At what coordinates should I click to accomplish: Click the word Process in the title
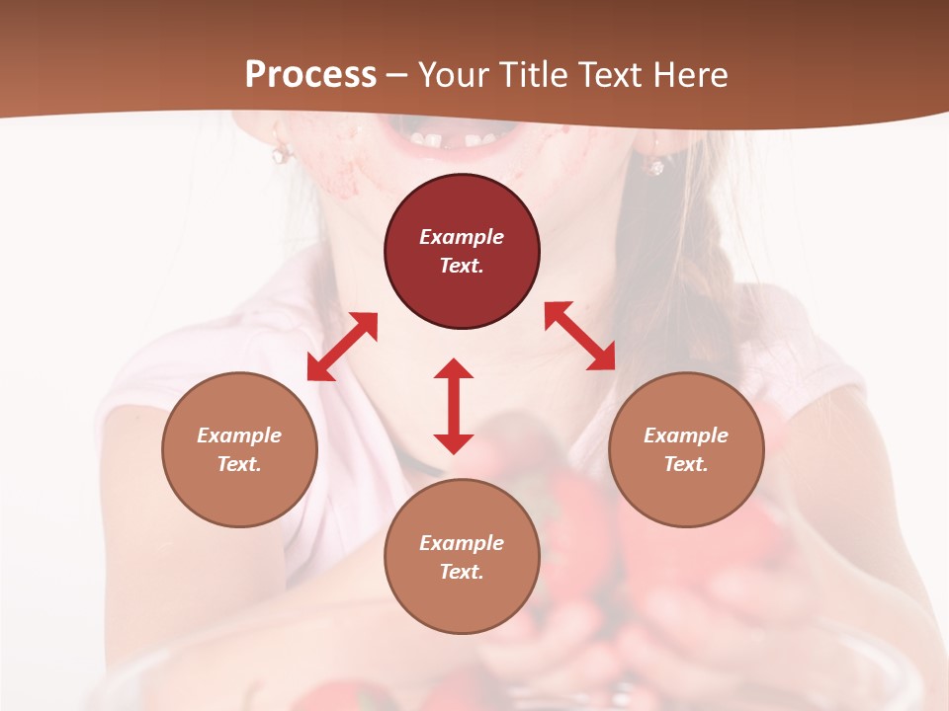310,75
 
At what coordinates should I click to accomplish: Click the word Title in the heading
535,75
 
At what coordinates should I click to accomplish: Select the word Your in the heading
455,75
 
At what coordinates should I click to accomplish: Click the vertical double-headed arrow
454,406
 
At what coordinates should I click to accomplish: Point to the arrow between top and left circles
342,347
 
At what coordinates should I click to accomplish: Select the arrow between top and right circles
579,336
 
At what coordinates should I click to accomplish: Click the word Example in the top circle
462,237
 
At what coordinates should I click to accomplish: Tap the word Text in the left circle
239,464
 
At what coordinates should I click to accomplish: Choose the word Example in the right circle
685,435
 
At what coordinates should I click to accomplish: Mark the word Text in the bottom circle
462,572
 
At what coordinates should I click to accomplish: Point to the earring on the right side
654,165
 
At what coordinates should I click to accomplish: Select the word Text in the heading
606,75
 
